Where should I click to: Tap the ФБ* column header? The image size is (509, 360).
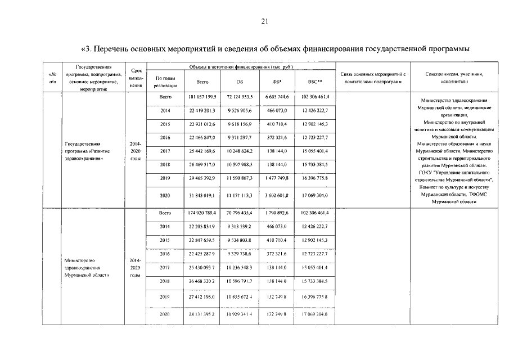[276, 82]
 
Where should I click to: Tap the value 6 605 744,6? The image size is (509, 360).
[276, 97]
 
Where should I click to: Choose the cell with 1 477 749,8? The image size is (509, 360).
[276, 178]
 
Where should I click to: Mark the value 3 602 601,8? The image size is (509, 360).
[276, 195]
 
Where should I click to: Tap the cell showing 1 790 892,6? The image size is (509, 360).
[276, 213]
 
